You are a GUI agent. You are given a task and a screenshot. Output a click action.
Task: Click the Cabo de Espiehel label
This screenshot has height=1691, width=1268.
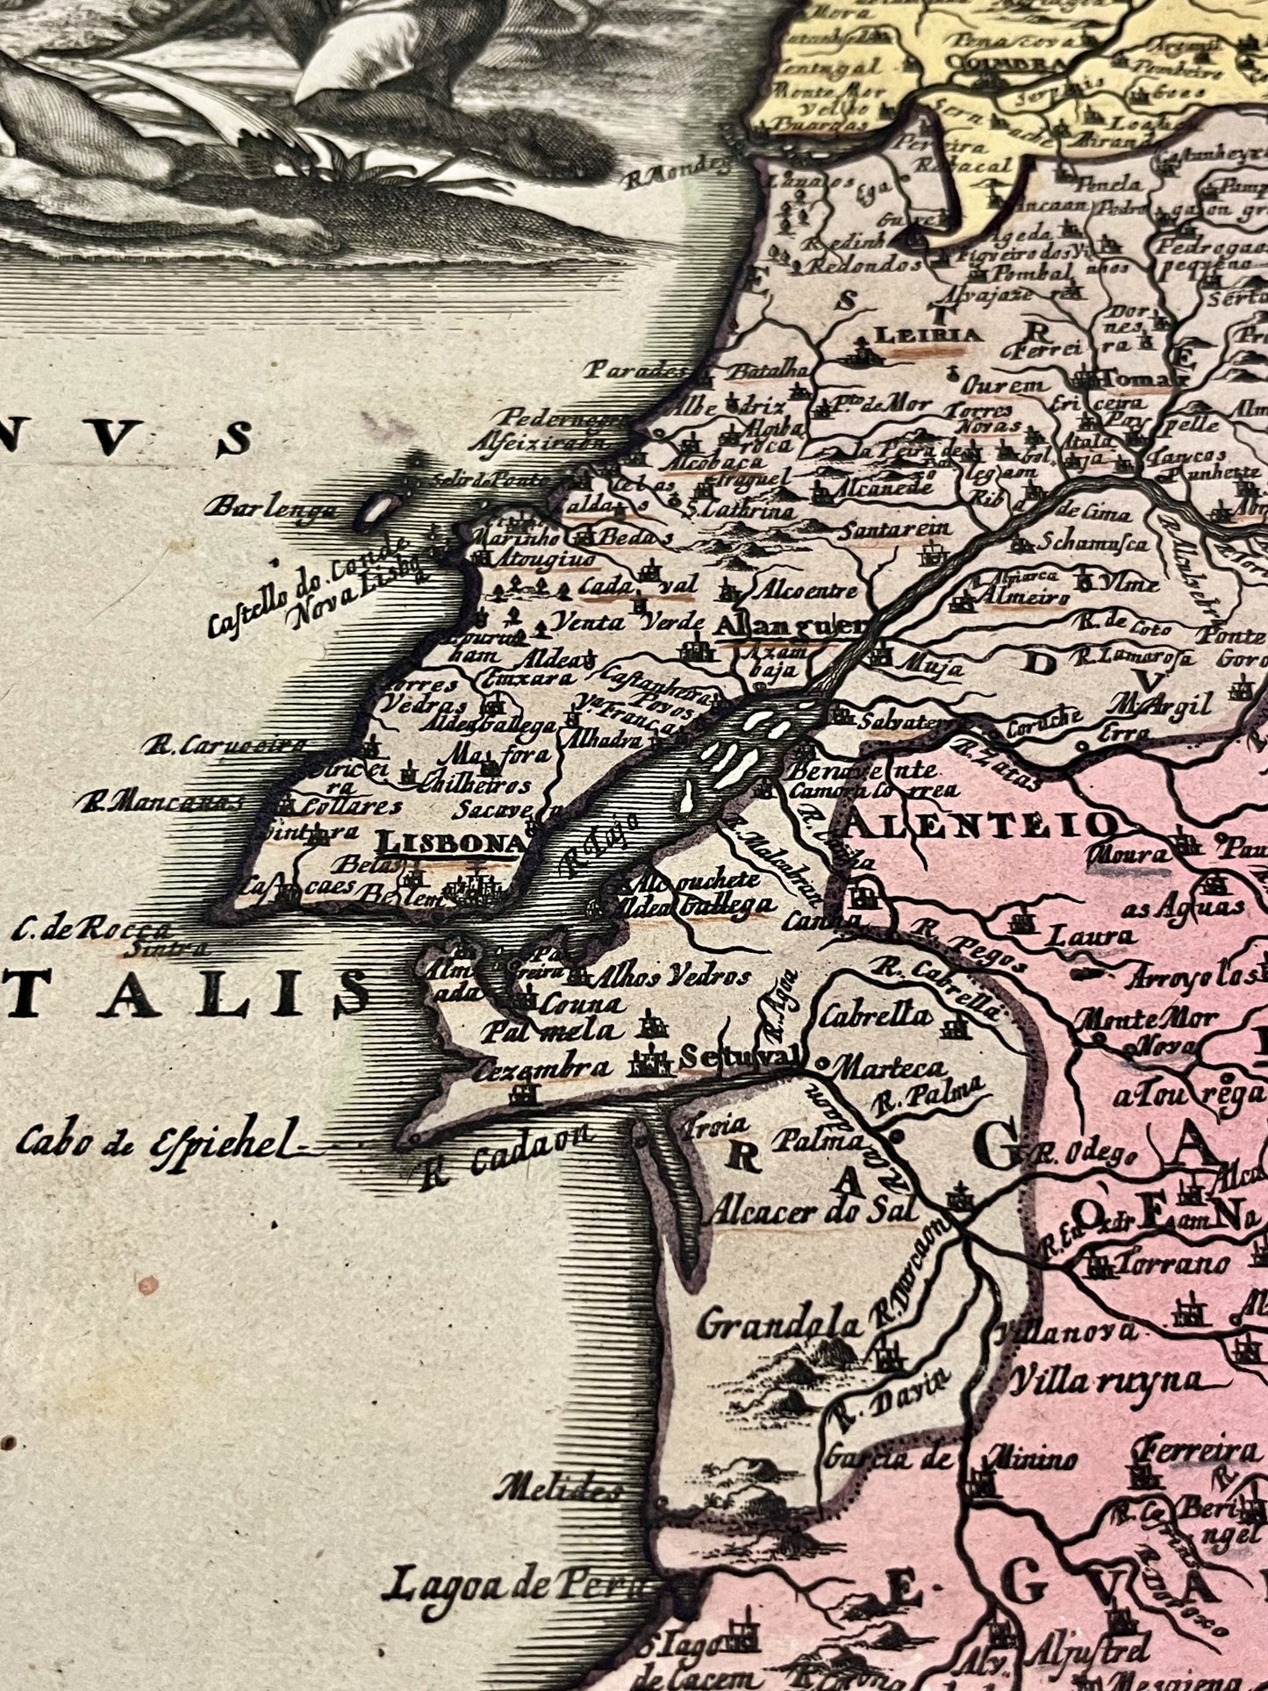pyautogui.click(x=151, y=1141)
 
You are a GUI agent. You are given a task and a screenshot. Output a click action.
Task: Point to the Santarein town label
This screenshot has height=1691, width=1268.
pyautogui.click(x=895, y=529)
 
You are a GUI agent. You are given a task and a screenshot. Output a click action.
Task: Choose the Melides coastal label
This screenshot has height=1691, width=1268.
pyautogui.click(x=557, y=1487)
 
